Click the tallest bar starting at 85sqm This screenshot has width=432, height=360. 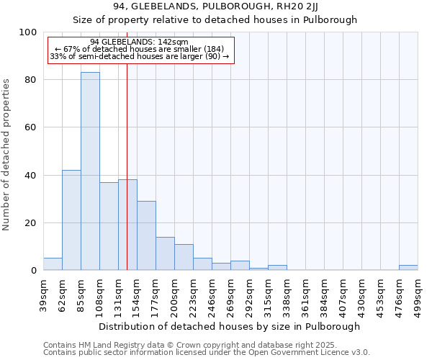[90, 171]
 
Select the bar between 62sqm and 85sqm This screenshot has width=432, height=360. [71, 220]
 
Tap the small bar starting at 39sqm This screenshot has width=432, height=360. [53, 264]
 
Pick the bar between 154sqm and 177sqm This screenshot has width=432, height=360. [146, 235]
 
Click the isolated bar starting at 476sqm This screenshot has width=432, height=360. [408, 268]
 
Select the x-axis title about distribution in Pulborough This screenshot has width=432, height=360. [230, 326]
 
